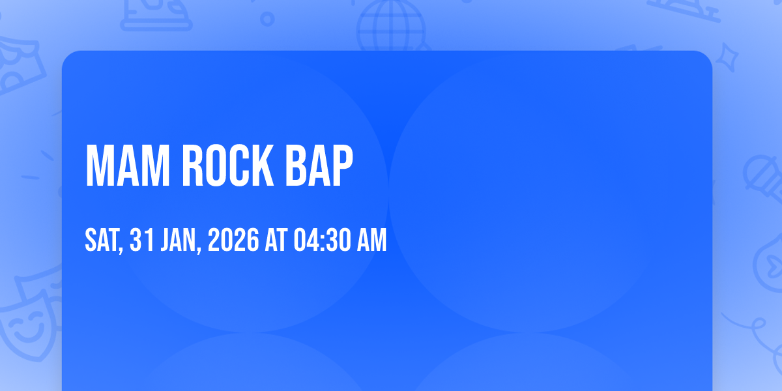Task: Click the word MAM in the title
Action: [128, 166]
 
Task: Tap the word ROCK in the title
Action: [227, 166]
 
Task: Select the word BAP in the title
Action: [319, 166]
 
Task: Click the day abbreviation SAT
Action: [102, 240]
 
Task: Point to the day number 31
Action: [142, 240]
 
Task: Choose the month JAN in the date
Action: [179, 240]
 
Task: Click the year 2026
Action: [233, 240]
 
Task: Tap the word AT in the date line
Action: [276, 240]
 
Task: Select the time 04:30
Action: [321, 240]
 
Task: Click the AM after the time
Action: [372, 240]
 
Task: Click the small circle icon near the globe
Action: [267, 19]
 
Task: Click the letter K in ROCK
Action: [262, 166]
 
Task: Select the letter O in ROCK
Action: [216, 166]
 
